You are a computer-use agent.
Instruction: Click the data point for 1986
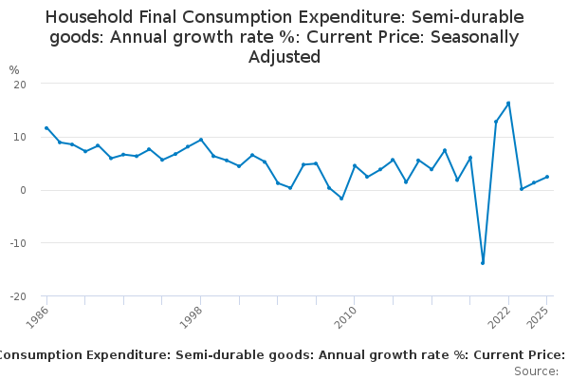[x=46, y=128]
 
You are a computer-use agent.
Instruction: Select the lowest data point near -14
[x=483, y=263]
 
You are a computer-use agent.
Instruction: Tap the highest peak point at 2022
[x=508, y=104]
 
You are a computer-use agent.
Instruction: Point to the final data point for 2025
[x=547, y=177]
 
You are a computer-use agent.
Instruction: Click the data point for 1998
[x=201, y=140]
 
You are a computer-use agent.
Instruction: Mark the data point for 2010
[x=355, y=166]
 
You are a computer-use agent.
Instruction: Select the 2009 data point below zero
[x=341, y=199]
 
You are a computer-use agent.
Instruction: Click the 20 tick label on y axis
[x=19, y=85]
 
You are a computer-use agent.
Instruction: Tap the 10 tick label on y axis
[x=19, y=138]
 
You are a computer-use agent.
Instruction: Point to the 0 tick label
[x=22, y=190]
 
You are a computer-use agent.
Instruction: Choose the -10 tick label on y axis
[x=17, y=243]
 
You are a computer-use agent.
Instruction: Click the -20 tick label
[x=17, y=296]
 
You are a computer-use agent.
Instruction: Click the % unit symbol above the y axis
[x=14, y=70]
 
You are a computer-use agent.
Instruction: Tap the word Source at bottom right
[x=537, y=371]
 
